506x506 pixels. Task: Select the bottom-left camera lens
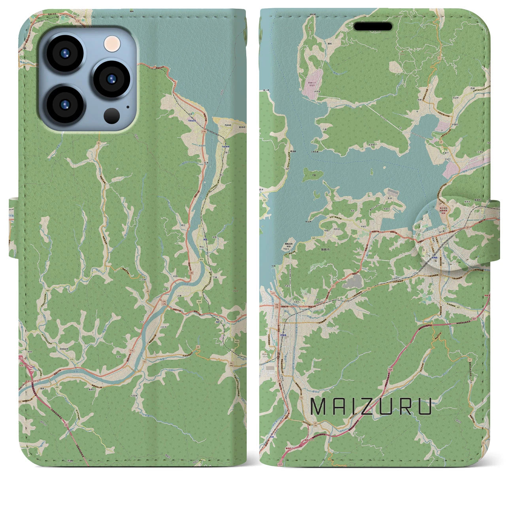coord(66,104)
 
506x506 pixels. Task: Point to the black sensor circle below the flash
coord(112,115)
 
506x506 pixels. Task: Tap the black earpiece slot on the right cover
coord(373,26)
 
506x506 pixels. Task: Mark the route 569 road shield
coord(202,259)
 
